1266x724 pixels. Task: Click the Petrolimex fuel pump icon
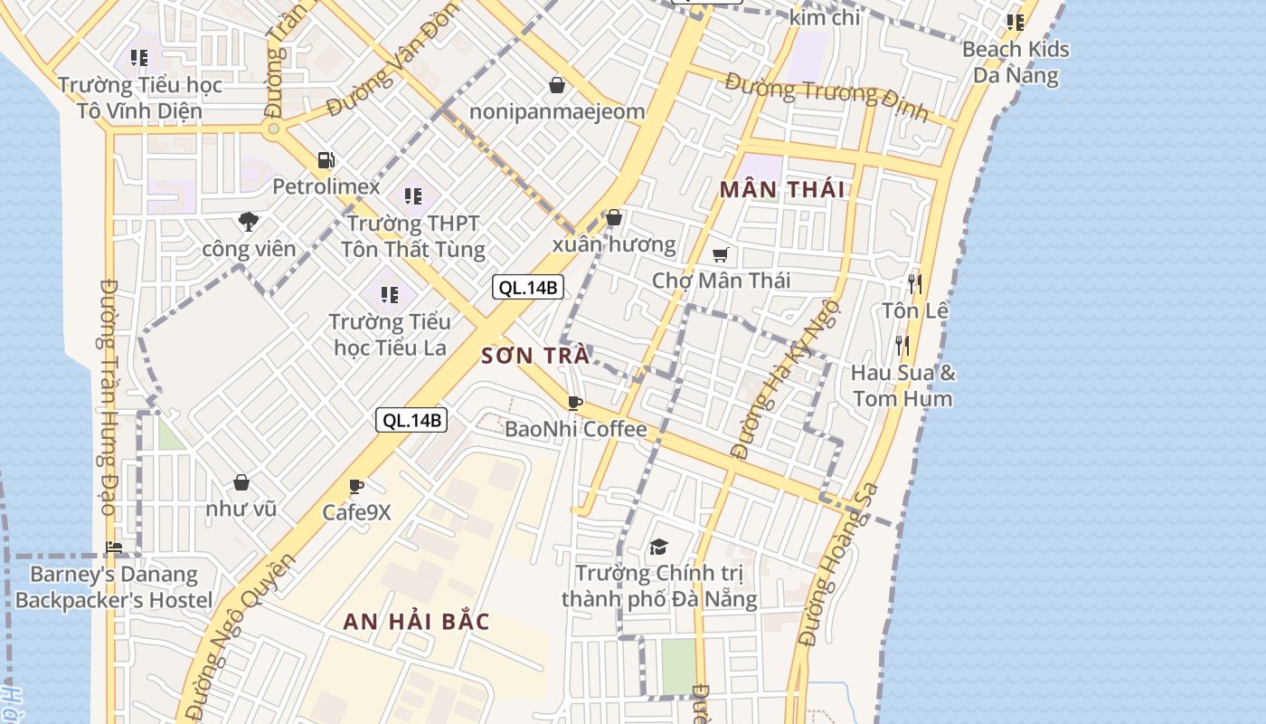tap(326, 160)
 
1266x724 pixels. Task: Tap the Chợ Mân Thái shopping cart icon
tap(720, 254)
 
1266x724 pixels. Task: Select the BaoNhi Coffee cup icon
tap(574, 403)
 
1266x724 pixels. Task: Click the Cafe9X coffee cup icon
tap(356, 487)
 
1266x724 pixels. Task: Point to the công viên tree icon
tap(248, 221)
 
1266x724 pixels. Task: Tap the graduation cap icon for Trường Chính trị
tap(658, 547)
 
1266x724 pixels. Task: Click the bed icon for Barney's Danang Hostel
tap(114, 547)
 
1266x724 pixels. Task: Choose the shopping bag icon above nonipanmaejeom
tap(557, 85)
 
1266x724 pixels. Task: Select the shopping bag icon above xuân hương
tap(614, 217)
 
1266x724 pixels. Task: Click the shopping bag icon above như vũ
tap(241, 482)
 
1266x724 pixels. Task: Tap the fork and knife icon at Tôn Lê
tap(915, 284)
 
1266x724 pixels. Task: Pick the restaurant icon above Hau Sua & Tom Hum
tap(902, 345)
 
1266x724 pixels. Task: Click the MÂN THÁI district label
tap(782, 189)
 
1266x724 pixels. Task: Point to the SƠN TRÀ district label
tap(535, 356)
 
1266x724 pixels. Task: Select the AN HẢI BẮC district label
tap(416, 622)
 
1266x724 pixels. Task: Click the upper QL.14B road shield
tap(528, 288)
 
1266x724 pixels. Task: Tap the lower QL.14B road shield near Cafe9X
tap(411, 419)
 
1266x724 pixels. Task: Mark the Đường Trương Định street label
tap(827, 97)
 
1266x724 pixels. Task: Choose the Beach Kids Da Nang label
tap(1016, 62)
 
